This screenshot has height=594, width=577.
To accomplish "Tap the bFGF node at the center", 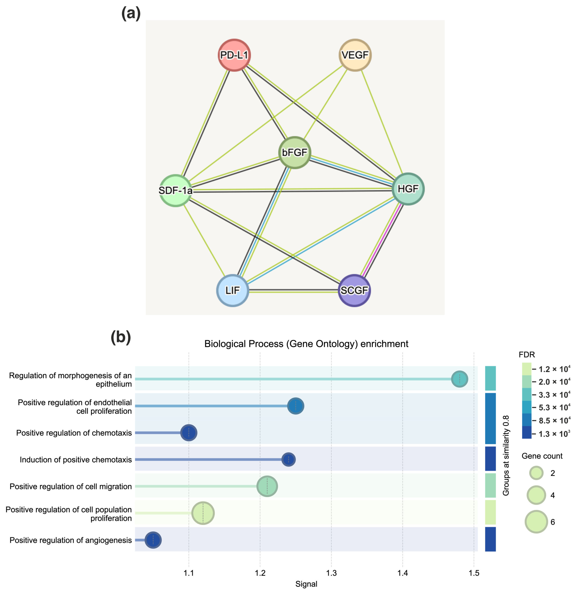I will pos(294,152).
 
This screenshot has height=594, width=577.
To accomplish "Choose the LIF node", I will pos(233,290).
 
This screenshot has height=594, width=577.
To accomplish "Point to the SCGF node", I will pos(354,290).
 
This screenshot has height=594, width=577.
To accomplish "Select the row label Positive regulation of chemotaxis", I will pos(74,433).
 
